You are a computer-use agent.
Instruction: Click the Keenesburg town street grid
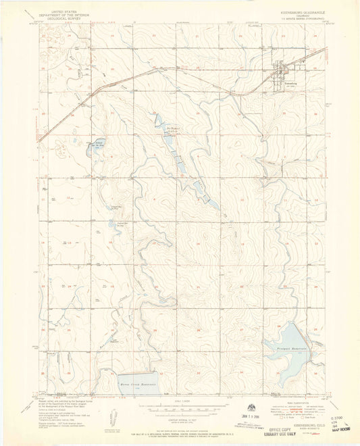[x=280, y=72]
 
